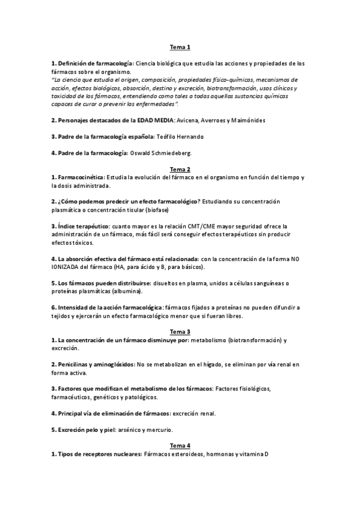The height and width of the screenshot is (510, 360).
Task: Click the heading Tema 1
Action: [180, 48]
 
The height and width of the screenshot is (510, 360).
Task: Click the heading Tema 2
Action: [180, 169]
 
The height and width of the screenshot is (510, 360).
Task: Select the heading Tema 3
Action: [180, 331]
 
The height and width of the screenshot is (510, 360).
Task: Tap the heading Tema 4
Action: [180, 445]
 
